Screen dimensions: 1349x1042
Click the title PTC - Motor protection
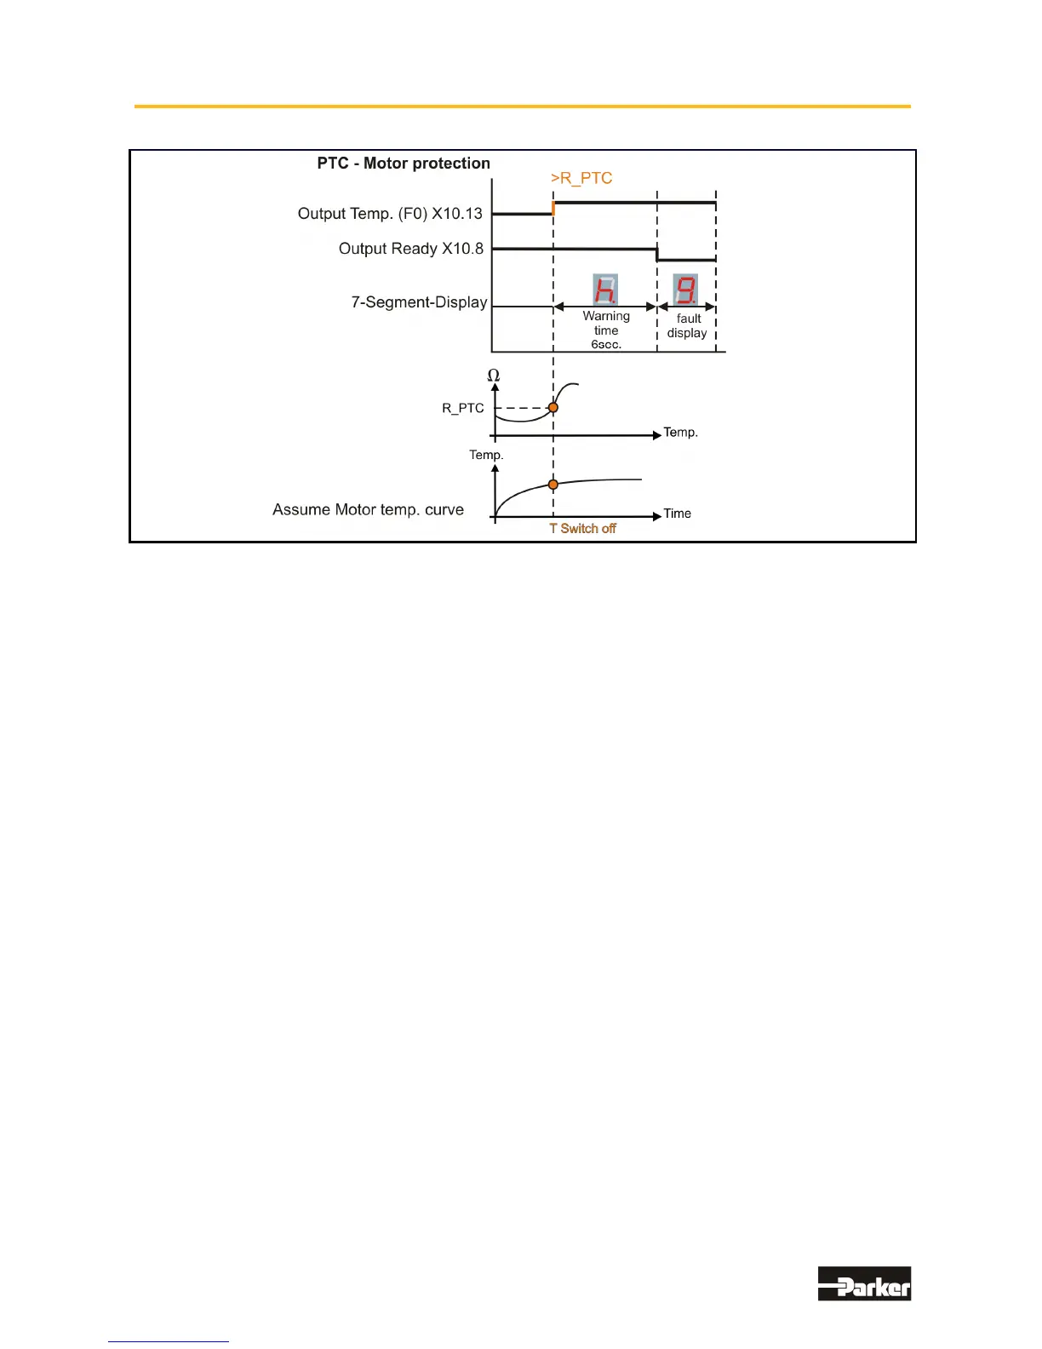point(404,164)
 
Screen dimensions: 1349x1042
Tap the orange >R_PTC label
point(581,178)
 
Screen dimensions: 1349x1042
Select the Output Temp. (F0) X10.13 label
point(390,214)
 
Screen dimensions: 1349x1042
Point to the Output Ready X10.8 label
point(411,249)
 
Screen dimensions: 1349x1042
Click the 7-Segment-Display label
point(419,302)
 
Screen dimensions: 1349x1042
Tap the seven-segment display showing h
point(605,290)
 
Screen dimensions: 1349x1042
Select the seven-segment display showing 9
point(685,290)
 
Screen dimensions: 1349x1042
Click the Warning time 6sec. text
point(606,330)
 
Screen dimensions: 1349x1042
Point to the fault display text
point(688,326)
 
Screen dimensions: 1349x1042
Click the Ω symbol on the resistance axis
point(494,376)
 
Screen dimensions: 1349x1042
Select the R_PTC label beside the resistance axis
point(463,408)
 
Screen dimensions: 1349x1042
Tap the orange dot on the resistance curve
point(553,408)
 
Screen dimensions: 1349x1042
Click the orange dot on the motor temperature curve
point(553,485)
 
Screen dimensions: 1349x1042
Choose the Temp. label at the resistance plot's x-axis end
point(681,433)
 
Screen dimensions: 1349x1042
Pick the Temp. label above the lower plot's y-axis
point(486,455)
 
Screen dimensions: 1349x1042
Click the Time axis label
point(678,514)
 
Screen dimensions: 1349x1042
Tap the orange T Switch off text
point(583,529)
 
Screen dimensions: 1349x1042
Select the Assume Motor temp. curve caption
point(368,510)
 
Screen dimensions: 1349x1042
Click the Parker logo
point(864,1283)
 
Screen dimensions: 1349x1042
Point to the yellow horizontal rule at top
point(522,106)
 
